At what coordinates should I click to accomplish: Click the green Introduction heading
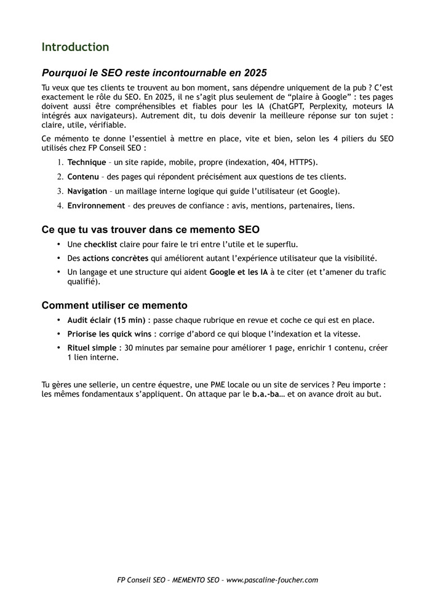point(75,47)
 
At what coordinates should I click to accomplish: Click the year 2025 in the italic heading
point(255,73)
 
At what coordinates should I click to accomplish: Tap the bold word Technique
point(87,162)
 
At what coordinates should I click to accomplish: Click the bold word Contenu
point(83,177)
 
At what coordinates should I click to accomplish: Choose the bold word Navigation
point(87,191)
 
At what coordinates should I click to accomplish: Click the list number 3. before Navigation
point(60,191)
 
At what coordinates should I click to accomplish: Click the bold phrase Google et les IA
point(239,272)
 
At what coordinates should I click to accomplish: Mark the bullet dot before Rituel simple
point(59,348)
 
